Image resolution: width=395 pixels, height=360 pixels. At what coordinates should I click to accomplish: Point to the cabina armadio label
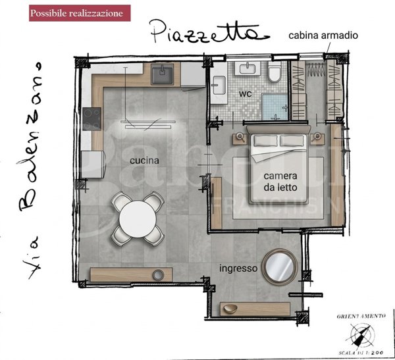[x=323, y=36]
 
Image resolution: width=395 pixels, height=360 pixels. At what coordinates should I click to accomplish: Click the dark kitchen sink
[x=161, y=75]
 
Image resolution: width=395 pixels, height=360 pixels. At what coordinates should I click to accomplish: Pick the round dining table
[x=137, y=217]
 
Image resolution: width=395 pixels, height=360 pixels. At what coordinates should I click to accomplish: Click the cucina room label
[x=143, y=160]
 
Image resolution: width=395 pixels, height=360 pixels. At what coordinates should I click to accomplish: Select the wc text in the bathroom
[x=246, y=93]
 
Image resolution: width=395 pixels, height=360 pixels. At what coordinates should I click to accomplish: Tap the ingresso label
[x=238, y=268]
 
